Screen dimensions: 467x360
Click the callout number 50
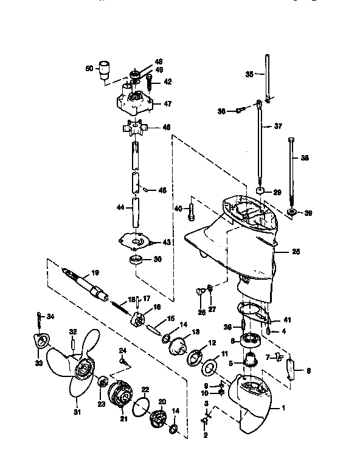(89, 69)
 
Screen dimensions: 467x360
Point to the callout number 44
(120, 207)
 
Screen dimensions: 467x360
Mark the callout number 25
(296, 252)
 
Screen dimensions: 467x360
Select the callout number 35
(249, 74)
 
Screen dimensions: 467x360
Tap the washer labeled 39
(290, 212)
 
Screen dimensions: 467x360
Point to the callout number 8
(308, 370)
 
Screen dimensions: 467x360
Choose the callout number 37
(278, 126)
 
